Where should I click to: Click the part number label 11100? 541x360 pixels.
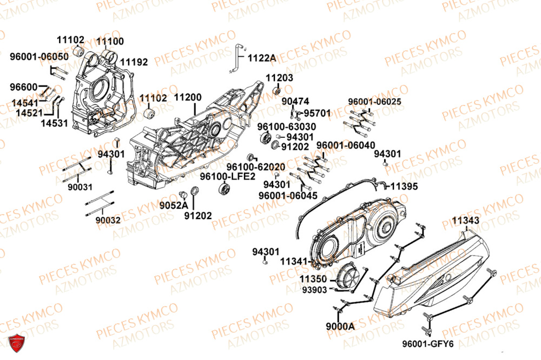coord(110,41)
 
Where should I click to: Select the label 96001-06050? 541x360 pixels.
coord(38,56)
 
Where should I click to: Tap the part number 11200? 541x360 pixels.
coord(187,98)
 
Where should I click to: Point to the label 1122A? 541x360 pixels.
coord(261,57)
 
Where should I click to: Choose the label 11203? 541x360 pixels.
coord(279,78)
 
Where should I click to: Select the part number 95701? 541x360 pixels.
coord(316,114)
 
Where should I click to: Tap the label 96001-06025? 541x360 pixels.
coord(374,102)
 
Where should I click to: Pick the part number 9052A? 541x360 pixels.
coord(173,205)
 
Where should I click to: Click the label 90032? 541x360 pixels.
coord(108,220)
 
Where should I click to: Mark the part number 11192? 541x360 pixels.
coord(134,62)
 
